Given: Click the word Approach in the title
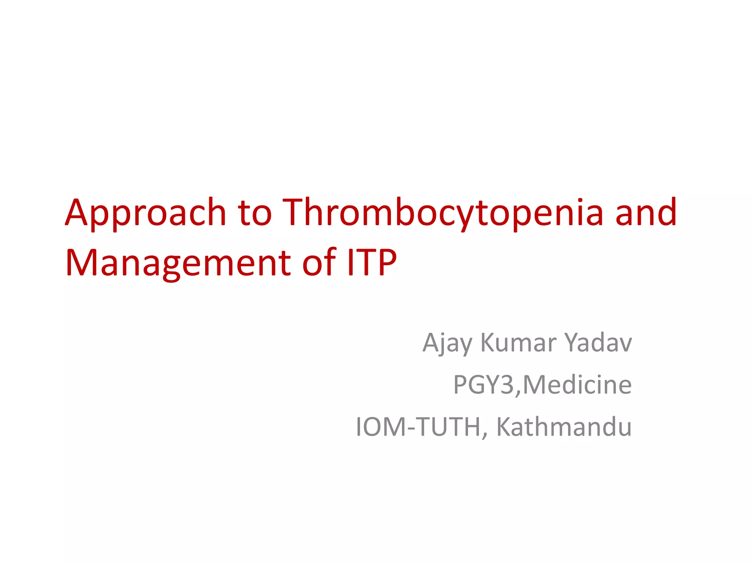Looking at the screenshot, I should (145, 213).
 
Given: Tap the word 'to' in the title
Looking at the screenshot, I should (254, 213).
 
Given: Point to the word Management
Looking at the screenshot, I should (178, 263).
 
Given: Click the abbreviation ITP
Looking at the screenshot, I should (371, 263).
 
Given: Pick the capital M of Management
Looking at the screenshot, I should (82, 263).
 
